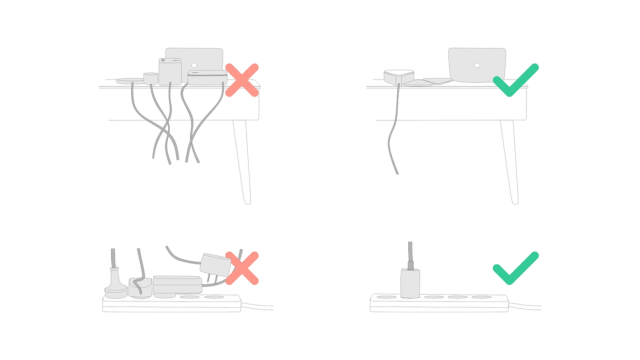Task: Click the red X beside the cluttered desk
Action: pos(242,80)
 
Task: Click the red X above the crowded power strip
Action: pos(242,268)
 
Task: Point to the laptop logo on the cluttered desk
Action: pos(194,65)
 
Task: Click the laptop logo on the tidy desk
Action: pos(477,65)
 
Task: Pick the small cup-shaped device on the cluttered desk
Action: pos(150,78)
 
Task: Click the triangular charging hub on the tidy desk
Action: pos(399,76)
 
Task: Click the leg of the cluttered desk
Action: pos(242,160)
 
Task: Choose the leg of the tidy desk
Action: pos(509,160)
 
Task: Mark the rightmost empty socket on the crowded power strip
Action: pos(213,297)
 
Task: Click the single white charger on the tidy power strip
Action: pos(410,283)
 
